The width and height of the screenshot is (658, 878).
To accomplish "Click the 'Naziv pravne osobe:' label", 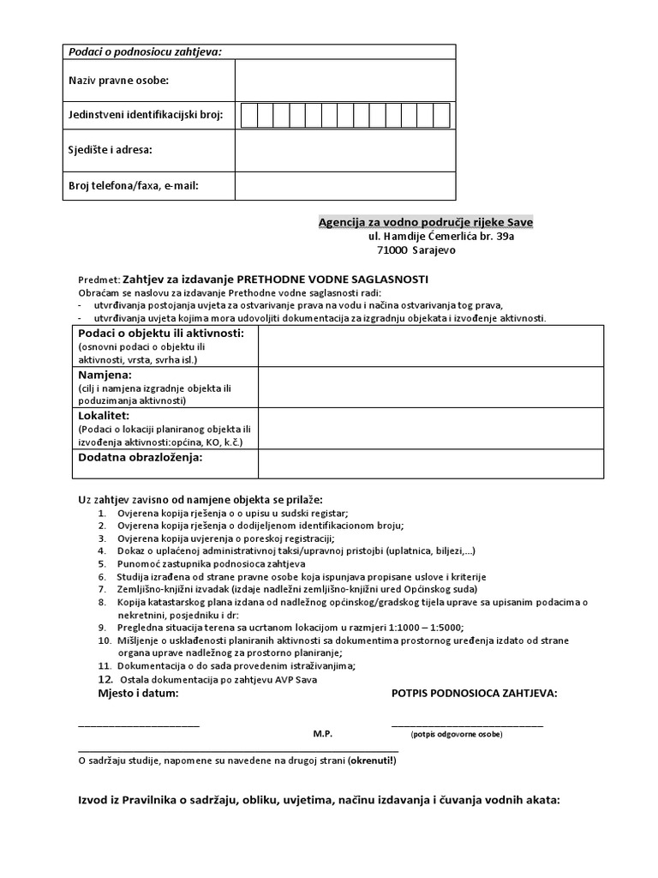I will [x=118, y=81].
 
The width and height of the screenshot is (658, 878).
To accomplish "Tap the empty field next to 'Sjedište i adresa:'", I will [x=344, y=150].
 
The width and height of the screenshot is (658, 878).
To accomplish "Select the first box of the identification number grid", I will [x=249, y=115].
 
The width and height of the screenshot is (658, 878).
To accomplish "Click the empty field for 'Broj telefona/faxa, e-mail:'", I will [x=344, y=184].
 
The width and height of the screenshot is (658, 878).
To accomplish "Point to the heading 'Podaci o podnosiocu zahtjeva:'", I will [x=145, y=51].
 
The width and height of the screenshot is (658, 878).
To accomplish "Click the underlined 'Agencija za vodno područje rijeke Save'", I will [x=426, y=222].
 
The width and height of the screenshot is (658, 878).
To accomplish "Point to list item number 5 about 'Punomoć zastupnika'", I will [x=211, y=564].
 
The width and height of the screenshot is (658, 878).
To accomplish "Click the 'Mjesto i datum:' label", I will [x=138, y=693].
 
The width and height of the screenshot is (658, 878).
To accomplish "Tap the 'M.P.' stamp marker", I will [x=322, y=735].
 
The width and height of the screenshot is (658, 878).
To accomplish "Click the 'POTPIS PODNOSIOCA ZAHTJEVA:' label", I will [x=474, y=693].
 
